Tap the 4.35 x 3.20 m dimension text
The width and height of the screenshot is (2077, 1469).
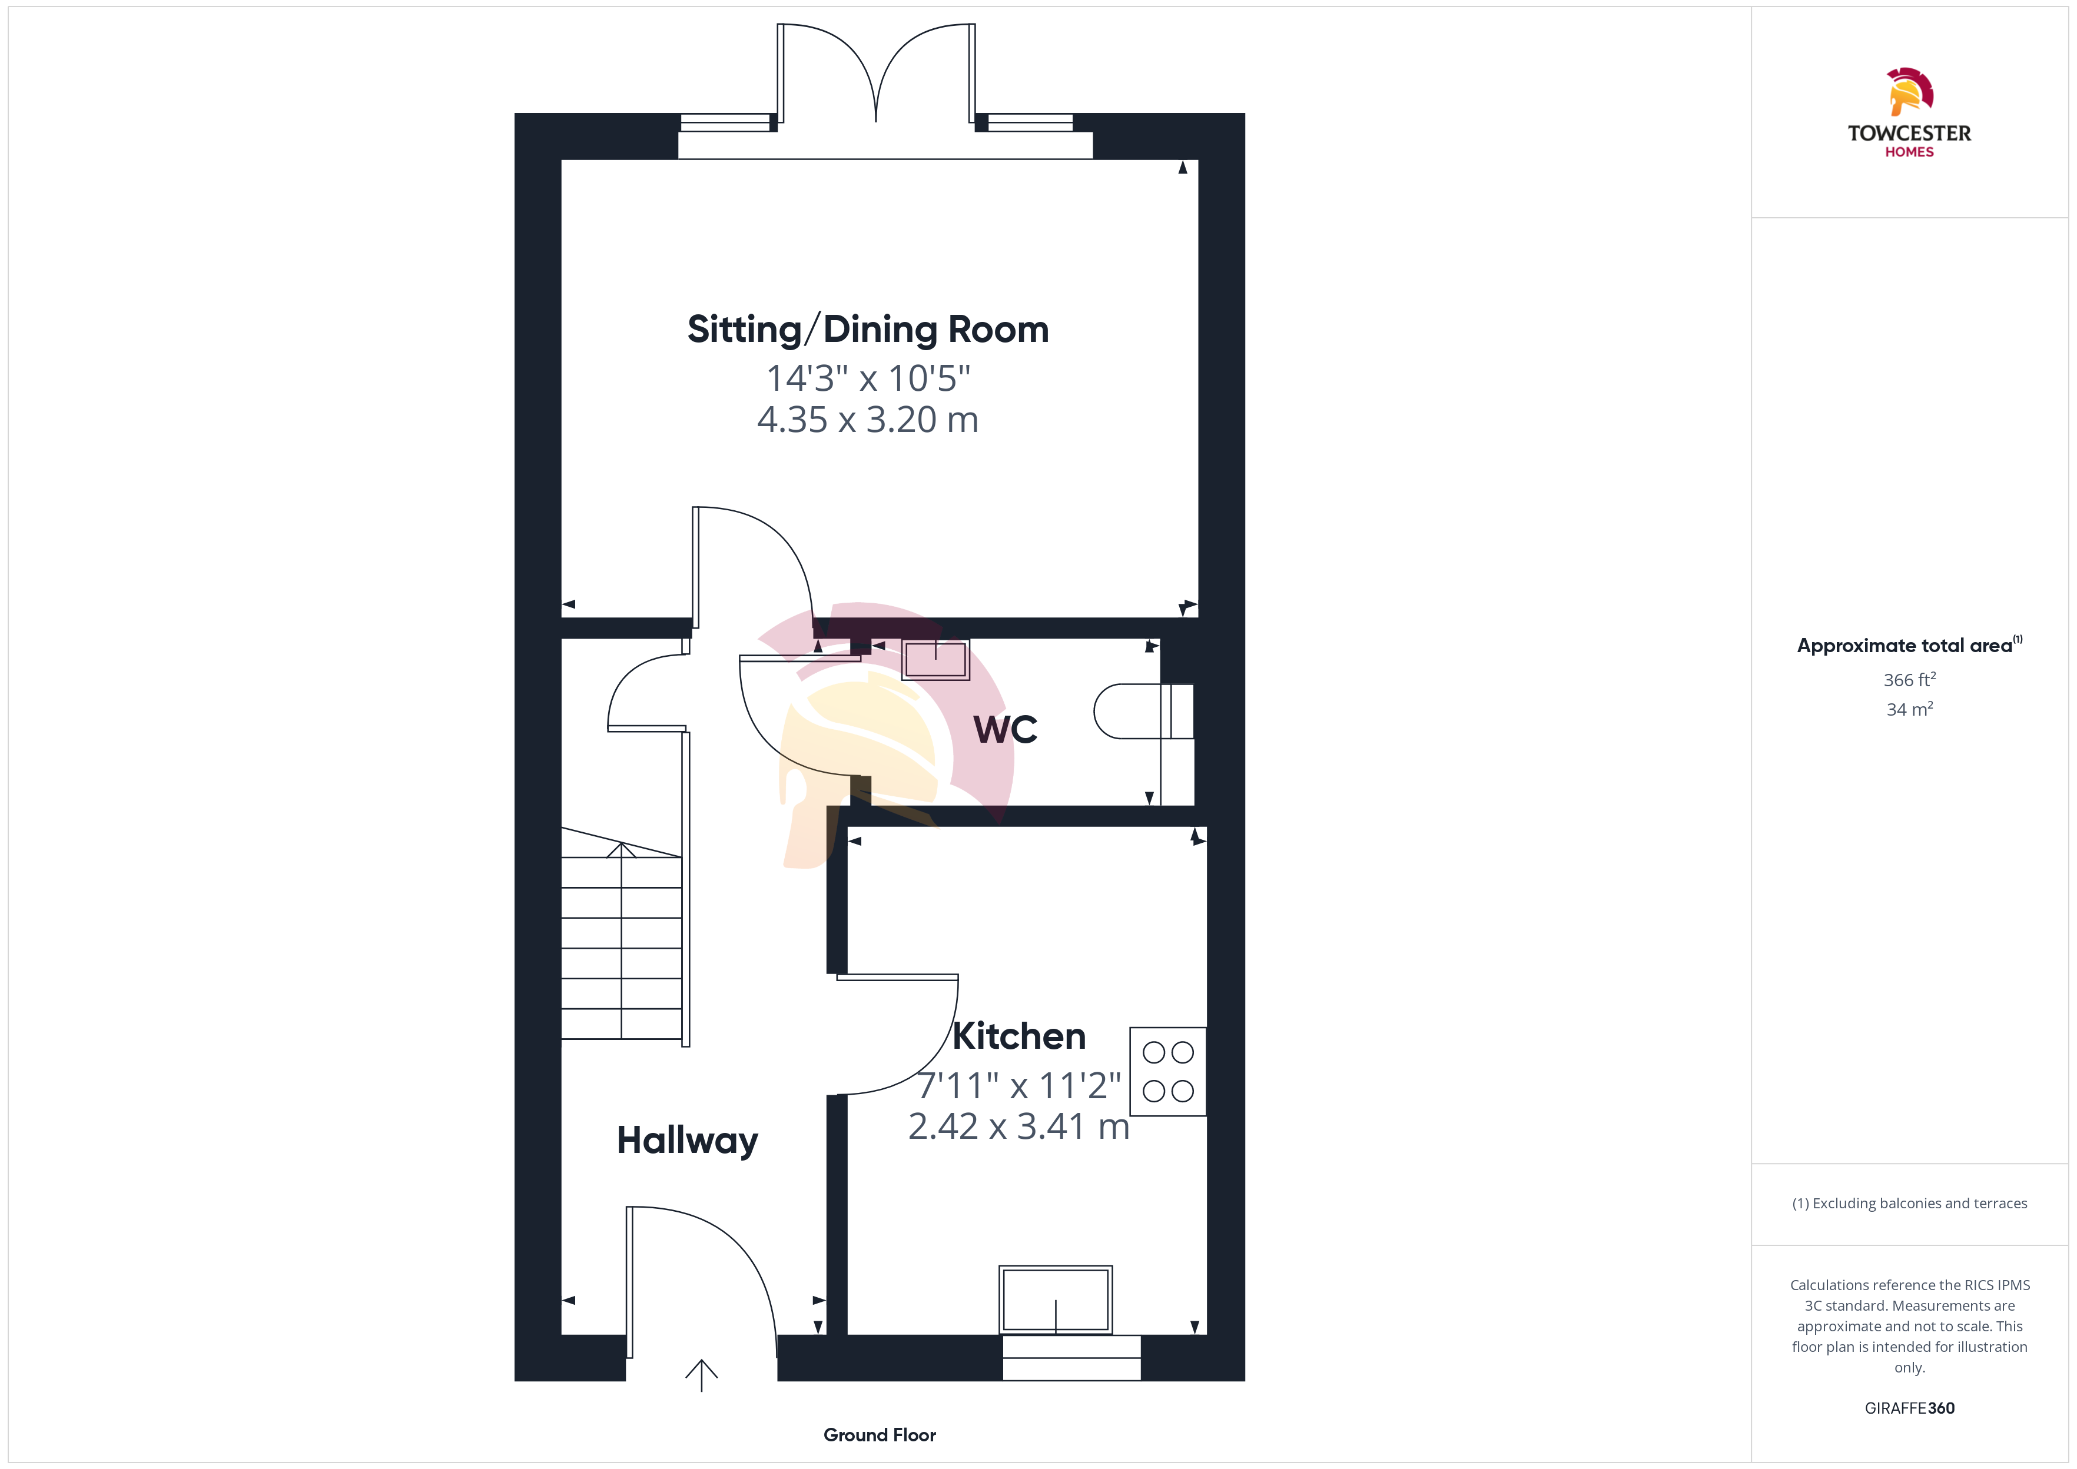click(x=868, y=420)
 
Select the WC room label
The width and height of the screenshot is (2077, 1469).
click(x=1005, y=729)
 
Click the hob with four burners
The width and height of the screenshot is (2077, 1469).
click(x=1168, y=1072)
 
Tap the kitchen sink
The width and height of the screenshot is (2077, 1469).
click(x=1056, y=1300)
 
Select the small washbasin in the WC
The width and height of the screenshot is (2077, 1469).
click(x=935, y=659)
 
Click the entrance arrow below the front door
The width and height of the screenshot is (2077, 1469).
click(x=701, y=1375)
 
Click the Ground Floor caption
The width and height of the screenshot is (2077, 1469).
click(x=880, y=1435)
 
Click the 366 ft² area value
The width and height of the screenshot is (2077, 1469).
click(x=1910, y=679)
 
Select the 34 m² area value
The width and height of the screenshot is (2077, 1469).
click(x=1910, y=709)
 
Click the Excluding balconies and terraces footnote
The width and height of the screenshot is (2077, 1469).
click(x=1910, y=1203)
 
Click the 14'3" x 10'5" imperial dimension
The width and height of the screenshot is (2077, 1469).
click(x=868, y=378)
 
